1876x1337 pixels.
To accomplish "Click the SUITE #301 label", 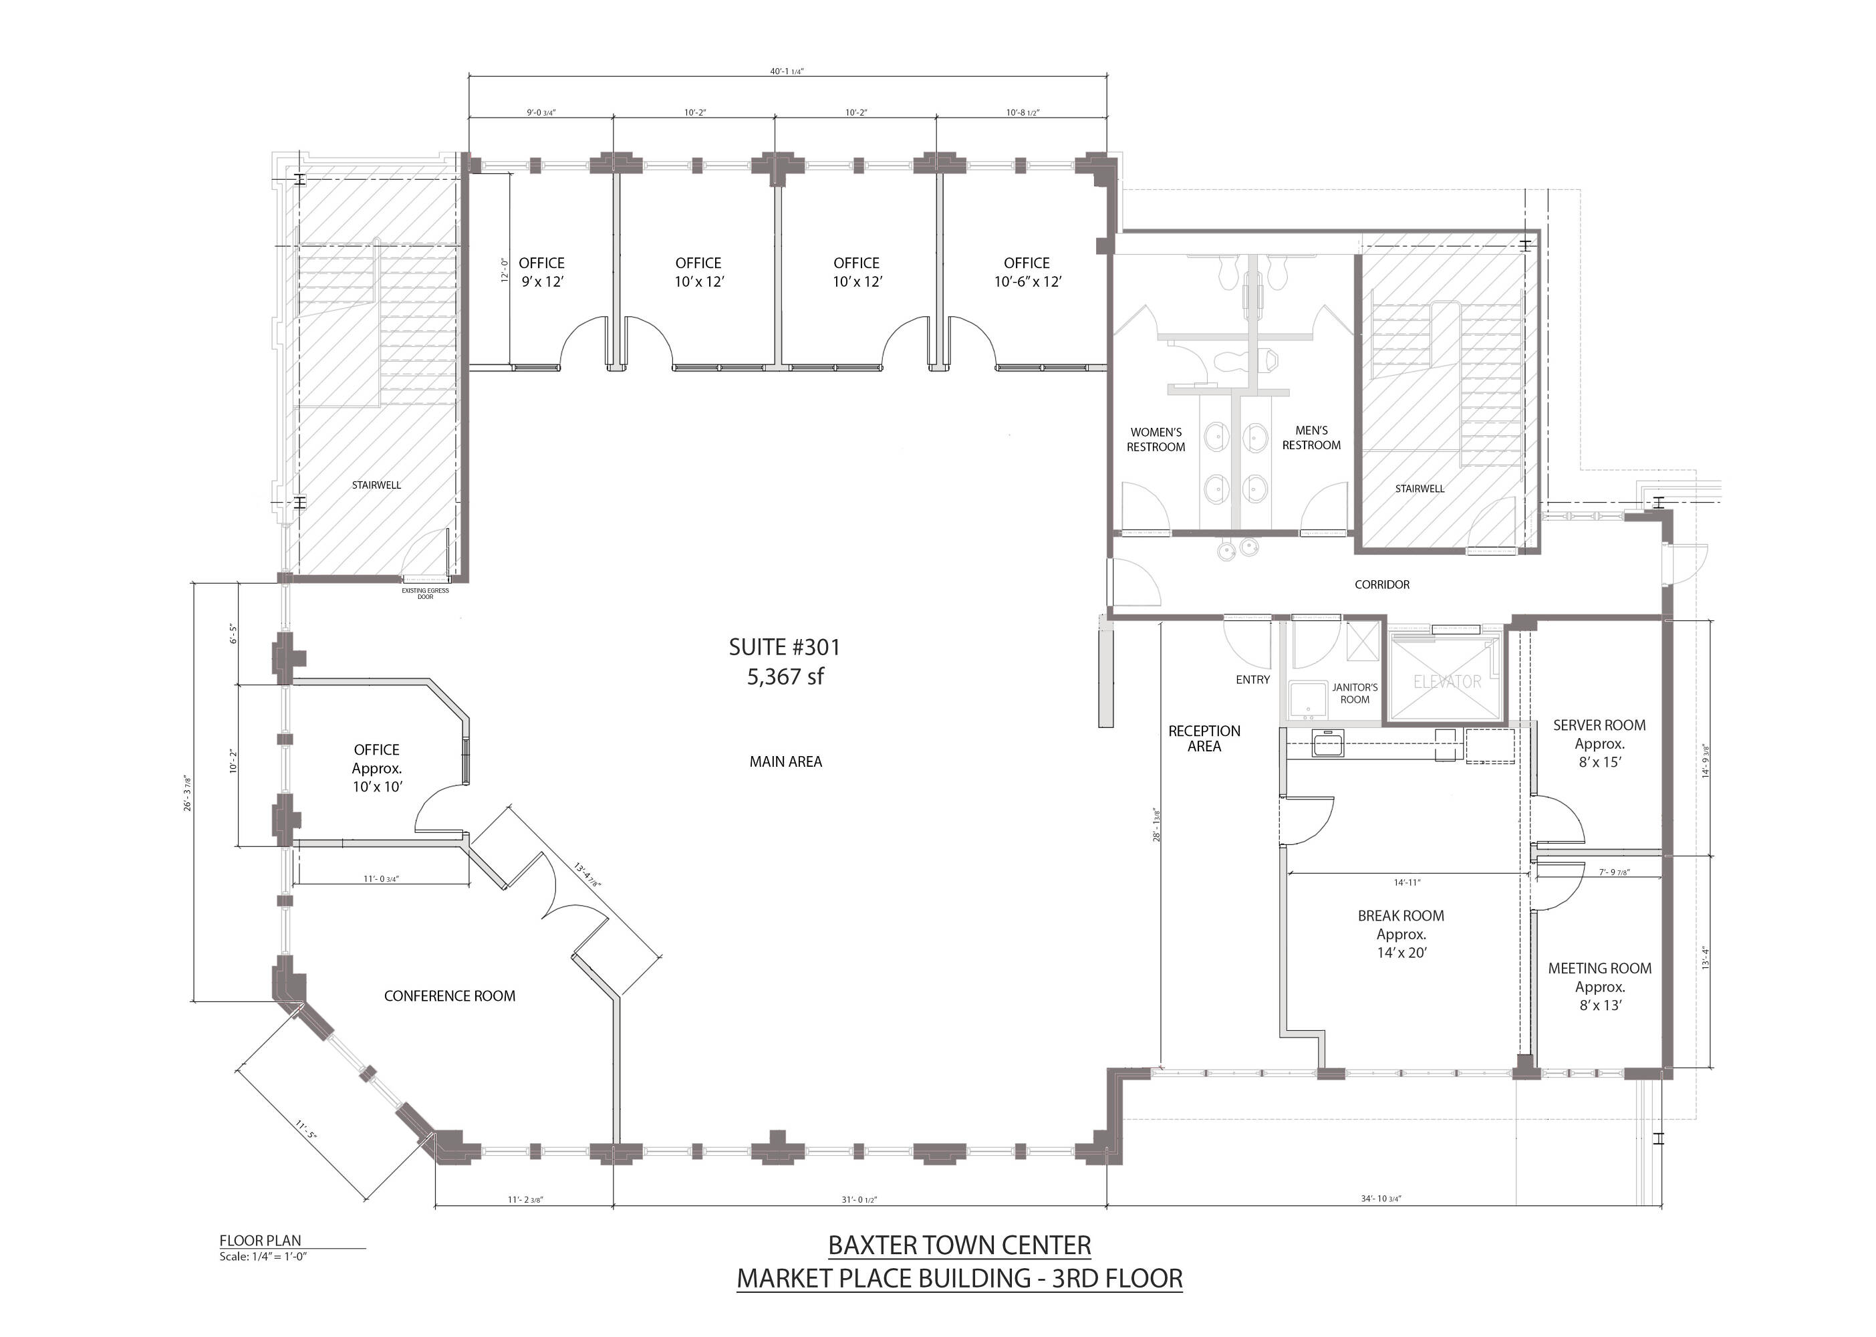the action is (785, 647).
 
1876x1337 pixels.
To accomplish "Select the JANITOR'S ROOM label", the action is (1355, 693).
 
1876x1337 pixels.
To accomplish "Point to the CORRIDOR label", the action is (1382, 584).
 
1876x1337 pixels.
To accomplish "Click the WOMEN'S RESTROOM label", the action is (1156, 440).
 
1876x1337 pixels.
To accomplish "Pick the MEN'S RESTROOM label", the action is (1311, 438).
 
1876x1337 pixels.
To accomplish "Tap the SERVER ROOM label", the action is (1599, 725).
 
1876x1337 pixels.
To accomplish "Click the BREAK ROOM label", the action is (1401, 915).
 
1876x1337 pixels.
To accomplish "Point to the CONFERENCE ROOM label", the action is (449, 996).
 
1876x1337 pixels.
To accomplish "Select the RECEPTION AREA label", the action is (1204, 739).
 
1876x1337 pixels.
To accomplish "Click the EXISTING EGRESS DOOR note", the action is (425, 594).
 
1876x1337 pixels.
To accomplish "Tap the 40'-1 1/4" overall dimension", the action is (787, 72).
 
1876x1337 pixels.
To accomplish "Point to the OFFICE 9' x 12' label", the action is (541, 271).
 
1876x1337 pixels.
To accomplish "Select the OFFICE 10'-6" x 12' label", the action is (1027, 271).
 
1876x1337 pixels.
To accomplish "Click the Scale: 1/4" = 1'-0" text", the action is (263, 1256).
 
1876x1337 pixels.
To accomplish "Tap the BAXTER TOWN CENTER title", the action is (960, 1245).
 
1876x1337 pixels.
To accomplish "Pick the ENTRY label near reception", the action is (1253, 679).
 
